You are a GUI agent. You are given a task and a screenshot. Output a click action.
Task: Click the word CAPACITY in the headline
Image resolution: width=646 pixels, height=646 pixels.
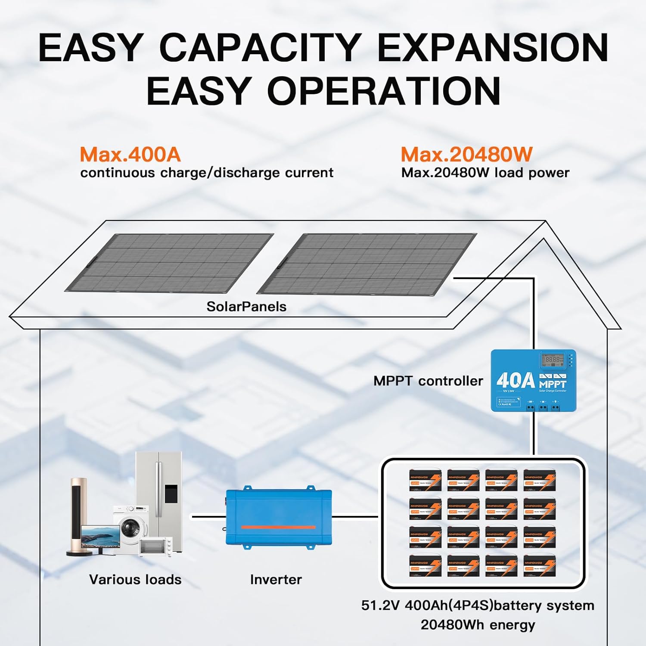click(x=260, y=47)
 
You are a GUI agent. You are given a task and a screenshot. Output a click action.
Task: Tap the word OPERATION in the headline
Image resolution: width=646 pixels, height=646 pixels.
click(x=384, y=91)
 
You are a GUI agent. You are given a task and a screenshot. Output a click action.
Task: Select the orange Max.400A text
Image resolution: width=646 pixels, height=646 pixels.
click(x=130, y=155)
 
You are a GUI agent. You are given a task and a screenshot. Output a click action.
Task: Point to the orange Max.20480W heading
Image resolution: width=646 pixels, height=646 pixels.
click(x=466, y=155)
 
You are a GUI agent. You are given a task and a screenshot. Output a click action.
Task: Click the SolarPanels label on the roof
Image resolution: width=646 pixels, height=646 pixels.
click(x=246, y=307)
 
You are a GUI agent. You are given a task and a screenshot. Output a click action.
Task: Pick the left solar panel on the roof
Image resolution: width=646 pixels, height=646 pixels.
click(x=170, y=263)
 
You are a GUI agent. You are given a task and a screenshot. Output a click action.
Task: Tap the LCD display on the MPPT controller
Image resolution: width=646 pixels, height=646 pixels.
click(x=552, y=359)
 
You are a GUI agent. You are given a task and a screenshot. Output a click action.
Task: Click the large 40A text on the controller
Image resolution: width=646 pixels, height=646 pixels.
click(x=515, y=381)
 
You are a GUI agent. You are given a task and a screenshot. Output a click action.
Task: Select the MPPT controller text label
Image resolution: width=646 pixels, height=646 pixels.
click(x=428, y=381)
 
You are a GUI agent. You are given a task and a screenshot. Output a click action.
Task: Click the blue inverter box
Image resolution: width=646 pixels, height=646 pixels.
click(x=279, y=517)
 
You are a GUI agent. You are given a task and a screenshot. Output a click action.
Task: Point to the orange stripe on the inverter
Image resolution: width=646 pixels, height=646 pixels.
click(x=278, y=527)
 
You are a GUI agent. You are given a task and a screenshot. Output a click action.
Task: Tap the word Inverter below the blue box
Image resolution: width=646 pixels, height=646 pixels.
click(x=276, y=580)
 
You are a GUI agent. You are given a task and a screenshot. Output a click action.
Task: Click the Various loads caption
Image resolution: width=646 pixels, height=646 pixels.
click(x=135, y=580)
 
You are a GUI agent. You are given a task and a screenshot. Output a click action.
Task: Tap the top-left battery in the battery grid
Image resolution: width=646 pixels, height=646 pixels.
click(x=425, y=480)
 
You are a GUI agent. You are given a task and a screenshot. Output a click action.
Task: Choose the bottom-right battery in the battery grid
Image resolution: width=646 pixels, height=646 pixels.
click(x=540, y=565)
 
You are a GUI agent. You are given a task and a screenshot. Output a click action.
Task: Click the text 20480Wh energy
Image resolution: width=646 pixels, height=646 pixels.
click(x=478, y=625)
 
